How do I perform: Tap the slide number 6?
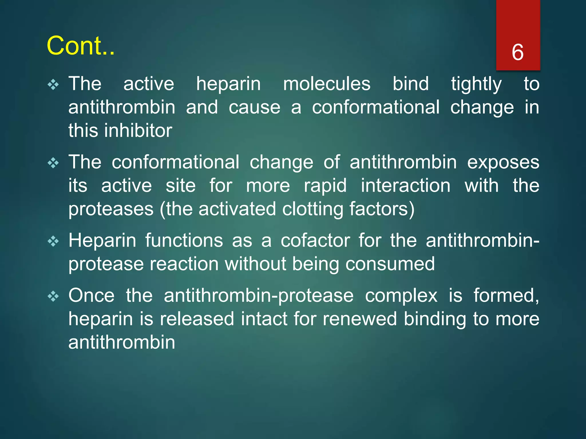pos(518,52)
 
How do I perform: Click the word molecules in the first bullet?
pos(326,84)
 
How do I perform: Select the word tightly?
pos(476,85)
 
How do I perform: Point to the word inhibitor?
pos(138,131)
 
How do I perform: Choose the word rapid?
pos(325,186)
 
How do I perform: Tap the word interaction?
pos(405,186)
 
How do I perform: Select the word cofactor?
pos(315,241)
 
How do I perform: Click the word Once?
pos(91,296)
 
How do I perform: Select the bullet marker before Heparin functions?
pos(53,242)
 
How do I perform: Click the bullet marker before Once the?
pos(53,296)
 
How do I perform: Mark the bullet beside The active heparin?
pos(53,85)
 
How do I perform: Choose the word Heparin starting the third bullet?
pos(102,241)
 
